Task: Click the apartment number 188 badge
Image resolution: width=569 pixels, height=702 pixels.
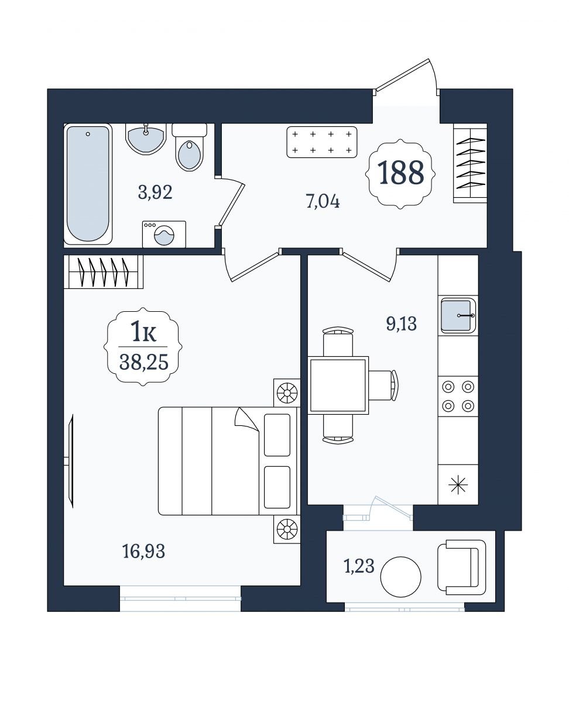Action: [400, 174]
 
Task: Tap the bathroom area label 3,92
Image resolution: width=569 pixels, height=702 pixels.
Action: [155, 192]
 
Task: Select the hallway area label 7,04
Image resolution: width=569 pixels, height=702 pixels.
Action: [323, 202]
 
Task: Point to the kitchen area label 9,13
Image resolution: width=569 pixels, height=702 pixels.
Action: [402, 324]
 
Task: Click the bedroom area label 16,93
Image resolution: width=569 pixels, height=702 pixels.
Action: [144, 552]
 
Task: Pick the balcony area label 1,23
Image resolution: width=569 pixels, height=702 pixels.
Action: [359, 566]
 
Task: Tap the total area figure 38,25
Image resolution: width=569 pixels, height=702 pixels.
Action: [144, 362]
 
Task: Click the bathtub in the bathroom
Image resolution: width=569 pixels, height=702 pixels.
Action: [88, 184]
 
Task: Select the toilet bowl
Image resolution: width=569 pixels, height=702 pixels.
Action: [189, 147]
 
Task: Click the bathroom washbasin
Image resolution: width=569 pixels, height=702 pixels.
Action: [145, 139]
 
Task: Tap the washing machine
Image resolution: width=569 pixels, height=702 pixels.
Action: [164, 234]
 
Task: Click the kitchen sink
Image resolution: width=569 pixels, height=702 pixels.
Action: [458, 315]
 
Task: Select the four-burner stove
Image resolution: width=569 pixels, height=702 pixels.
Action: [458, 396]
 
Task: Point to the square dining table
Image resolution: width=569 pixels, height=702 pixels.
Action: [338, 386]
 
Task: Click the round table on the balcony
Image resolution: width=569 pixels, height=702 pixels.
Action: [401, 577]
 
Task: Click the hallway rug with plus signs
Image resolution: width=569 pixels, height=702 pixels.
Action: [322, 142]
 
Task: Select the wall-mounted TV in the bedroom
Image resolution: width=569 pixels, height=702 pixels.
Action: [70, 461]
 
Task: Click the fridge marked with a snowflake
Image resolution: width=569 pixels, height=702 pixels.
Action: [458, 484]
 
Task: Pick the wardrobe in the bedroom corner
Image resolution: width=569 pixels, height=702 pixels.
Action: [103, 272]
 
